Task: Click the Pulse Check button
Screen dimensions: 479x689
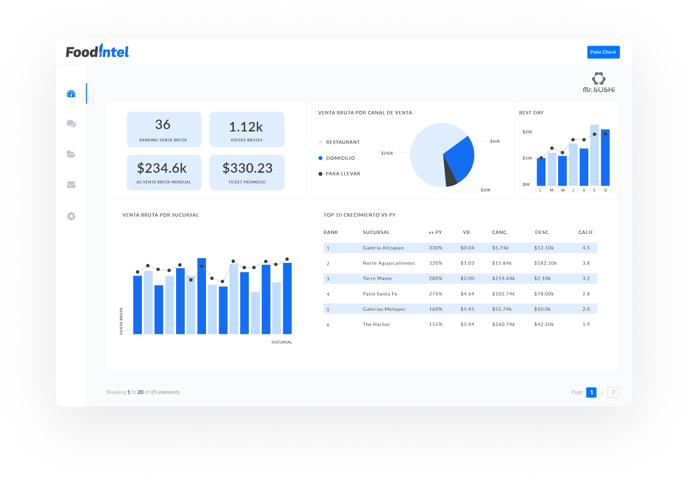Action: pos(603,52)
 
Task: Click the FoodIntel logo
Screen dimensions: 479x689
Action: pos(97,52)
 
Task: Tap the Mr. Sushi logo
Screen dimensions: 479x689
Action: pos(599,83)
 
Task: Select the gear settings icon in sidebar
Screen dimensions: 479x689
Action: pos(71,216)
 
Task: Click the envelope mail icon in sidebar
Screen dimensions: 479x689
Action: pos(71,185)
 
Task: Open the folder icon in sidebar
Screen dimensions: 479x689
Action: pos(71,154)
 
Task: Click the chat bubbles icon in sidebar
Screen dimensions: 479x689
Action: pos(71,124)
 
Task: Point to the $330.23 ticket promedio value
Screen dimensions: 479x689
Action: pos(247,168)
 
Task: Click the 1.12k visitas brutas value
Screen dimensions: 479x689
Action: pos(246,127)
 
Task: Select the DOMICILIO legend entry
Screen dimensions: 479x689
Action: pos(340,158)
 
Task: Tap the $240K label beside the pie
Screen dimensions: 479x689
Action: pos(387,153)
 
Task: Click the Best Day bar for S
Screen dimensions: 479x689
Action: pos(594,155)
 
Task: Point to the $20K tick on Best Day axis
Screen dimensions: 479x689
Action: pos(527,132)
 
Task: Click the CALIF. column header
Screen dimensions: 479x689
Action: pos(586,232)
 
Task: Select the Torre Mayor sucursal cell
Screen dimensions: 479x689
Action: pos(377,279)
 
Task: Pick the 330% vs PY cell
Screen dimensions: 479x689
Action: pos(436,248)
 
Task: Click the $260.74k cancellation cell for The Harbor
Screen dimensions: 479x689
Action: pos(503,324)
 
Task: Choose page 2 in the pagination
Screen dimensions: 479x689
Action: pos(613,392)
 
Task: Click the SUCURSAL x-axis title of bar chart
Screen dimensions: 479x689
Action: pos(282,342)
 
